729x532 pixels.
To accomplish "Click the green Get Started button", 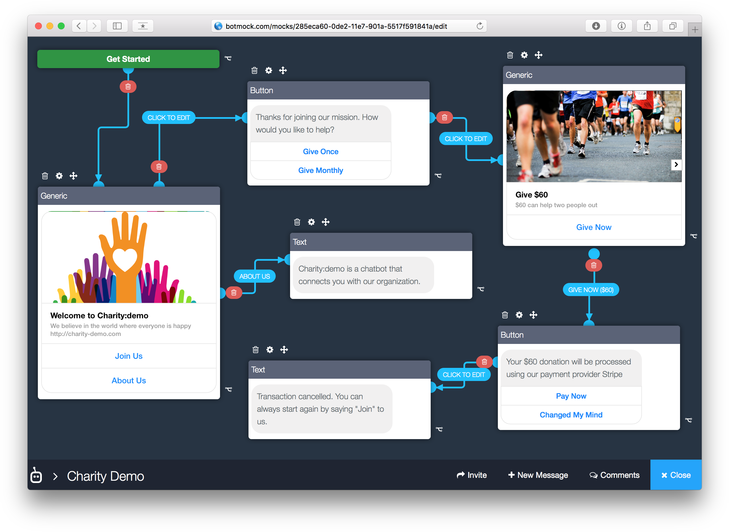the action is (128, 59).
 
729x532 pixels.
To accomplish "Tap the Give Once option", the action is (321, 151).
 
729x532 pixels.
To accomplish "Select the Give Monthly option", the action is (321, 170).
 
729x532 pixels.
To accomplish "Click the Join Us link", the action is (129, 356).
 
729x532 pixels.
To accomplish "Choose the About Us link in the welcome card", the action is (129, 380).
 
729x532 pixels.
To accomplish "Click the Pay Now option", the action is (571, 396).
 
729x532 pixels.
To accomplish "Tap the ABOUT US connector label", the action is (254, 276).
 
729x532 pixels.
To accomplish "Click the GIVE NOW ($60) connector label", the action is (591, 290).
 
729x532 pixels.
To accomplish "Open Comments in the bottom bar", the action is (614, 475).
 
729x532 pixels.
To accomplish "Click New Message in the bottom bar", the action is (538, 475).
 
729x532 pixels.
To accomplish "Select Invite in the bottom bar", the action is (472, 475).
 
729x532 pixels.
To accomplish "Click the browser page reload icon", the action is (480, 26).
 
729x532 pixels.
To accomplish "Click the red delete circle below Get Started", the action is (128, 87).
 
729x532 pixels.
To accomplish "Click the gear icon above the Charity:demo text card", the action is (311, 222).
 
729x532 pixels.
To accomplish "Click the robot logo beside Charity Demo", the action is (36, 475).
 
